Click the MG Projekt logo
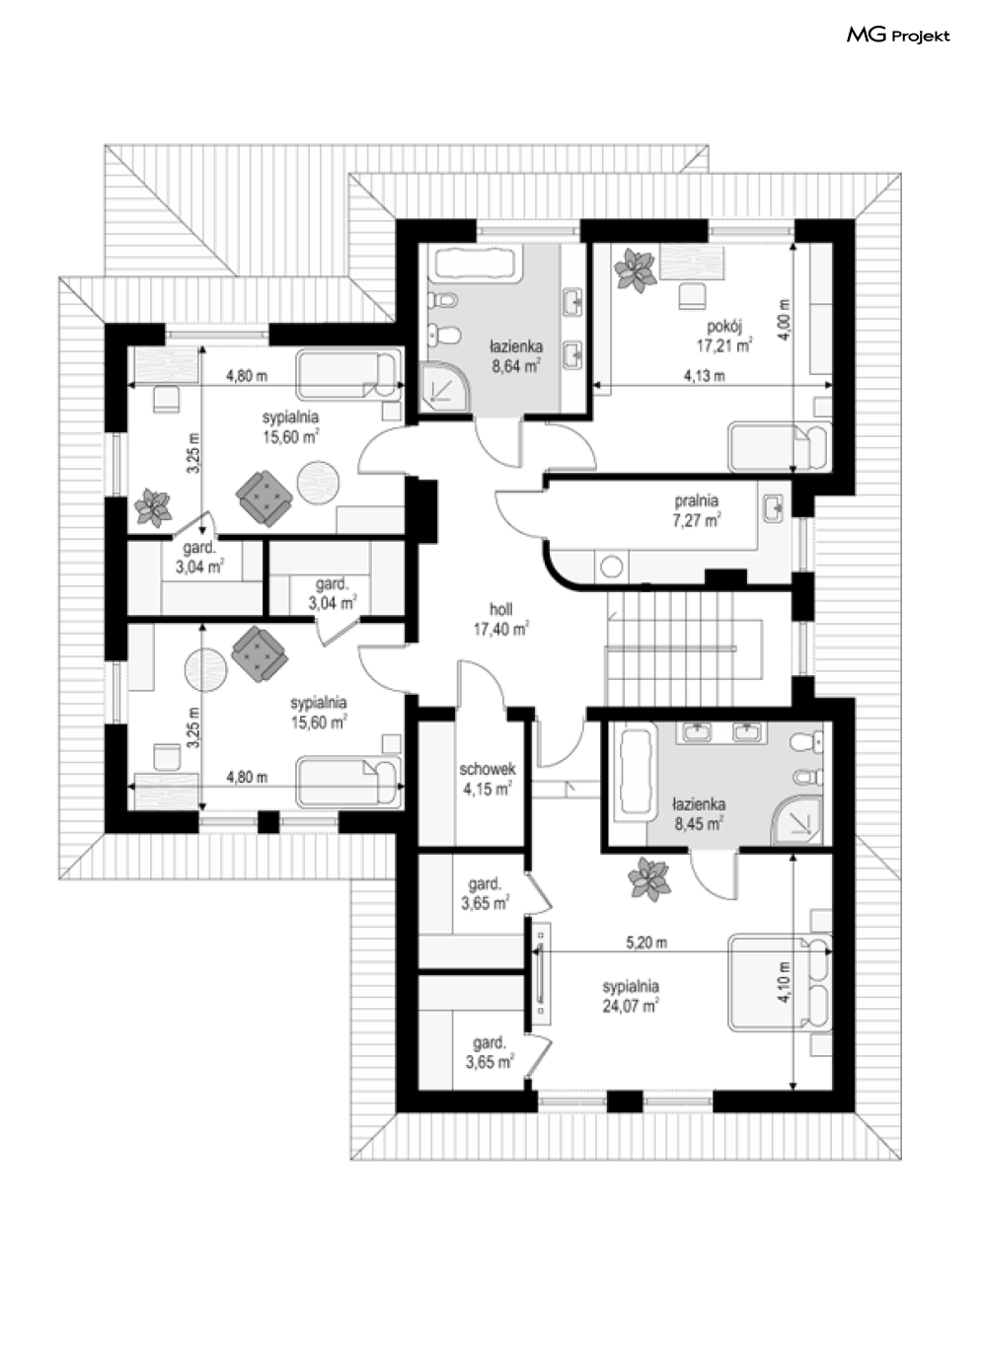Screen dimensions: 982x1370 [898, 37]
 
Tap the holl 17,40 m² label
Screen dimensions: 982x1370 [500, 618]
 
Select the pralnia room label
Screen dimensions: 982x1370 [696, 500]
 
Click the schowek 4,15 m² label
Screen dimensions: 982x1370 [488, 779]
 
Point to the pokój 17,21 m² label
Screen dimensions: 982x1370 [724, 336]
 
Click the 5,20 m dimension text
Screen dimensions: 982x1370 [646, 943]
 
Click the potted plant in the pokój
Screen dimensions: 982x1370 [636, 269]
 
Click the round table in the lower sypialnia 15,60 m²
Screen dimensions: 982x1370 [206, 670]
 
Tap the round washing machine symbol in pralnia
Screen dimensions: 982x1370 [611, 567]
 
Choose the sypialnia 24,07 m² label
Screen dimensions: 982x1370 [631, 996]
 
